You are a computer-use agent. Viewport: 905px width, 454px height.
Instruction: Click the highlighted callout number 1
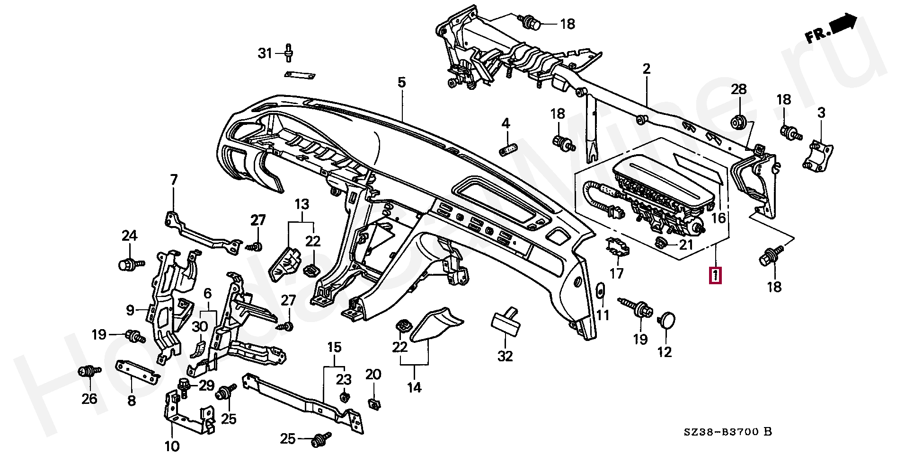715,275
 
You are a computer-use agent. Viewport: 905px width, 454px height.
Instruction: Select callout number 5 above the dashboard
401,83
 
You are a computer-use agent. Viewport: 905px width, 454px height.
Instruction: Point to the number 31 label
265,53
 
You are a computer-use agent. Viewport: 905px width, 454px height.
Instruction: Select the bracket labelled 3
818,154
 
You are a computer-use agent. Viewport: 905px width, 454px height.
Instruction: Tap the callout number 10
172,445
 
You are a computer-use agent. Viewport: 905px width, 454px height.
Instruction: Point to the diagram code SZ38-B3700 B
728,431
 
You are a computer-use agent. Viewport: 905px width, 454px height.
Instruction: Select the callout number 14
414,388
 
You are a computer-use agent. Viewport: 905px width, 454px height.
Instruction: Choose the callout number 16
718,218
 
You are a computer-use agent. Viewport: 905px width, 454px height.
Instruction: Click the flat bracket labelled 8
137,372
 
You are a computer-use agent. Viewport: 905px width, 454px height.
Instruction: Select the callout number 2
647,69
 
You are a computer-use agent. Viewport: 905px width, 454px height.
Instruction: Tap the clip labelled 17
617,247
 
